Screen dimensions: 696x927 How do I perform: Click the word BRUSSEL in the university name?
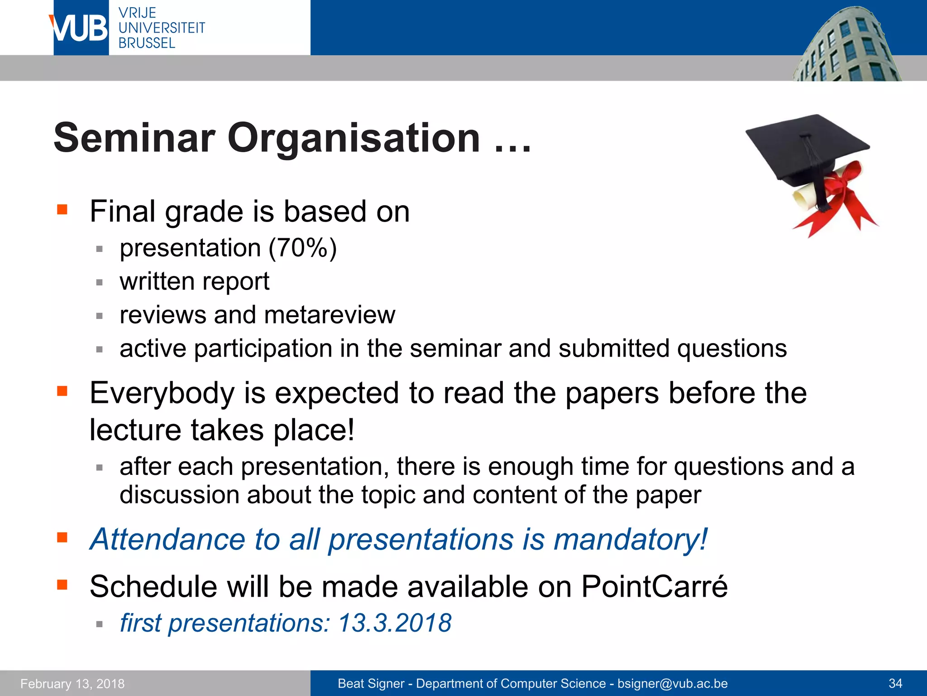click(x=147, y=43)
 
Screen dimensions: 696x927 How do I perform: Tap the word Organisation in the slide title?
click(x=354, y=138)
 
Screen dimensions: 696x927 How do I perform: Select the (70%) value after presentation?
click(x=302, y=248)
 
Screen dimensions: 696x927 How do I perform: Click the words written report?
click(x=194, y=281)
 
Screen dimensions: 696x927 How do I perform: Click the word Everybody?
click(x=162, y=393)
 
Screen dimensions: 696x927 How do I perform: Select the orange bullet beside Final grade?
click(x=62, y=209)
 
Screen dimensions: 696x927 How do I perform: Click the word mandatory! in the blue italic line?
click(x=630, y=540)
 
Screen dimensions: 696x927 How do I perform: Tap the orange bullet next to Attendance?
click(x=62, y=537)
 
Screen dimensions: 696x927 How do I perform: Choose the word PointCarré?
click(x=655, y=587)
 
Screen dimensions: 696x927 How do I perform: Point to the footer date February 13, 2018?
click(x=72, y=684)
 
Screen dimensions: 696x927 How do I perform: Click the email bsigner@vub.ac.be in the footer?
click(x=673, y=684)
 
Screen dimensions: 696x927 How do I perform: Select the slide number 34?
click(x=895, y=684)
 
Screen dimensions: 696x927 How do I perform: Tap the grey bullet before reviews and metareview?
click(x=100, y=316)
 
